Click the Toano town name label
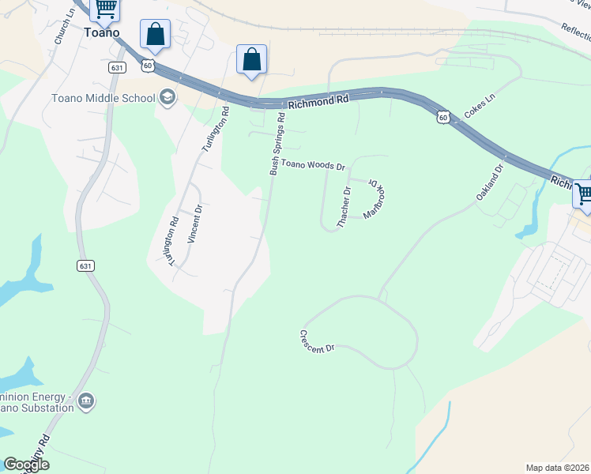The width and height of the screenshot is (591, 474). click(101, 33)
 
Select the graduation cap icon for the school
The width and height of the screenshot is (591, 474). click(168, 97)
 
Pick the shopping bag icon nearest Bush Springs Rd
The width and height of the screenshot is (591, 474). click(251, 59)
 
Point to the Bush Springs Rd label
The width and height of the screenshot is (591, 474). click(277, 144)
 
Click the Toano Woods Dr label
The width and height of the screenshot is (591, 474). click(314, 167)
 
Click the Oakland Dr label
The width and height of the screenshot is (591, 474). click(490, 182)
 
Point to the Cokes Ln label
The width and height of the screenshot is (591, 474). click(479, 107)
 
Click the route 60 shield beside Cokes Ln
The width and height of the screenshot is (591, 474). click(444, 117)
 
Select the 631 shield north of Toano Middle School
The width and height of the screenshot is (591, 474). click(117, 68)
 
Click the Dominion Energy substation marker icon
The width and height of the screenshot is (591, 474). click(86, 401)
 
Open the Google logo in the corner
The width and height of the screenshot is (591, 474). click(26, 465)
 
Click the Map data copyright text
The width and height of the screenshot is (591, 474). click(558, 468)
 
